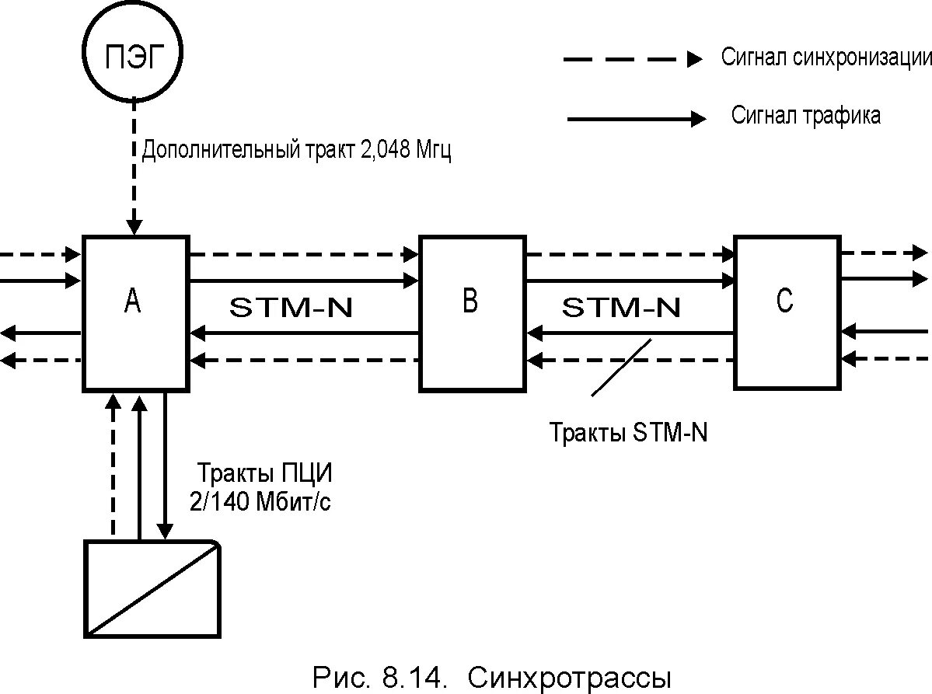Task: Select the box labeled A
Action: click(135, 311)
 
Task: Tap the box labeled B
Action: click(471, 312)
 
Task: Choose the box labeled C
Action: click(786, 312)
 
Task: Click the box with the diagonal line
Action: click(152, 588)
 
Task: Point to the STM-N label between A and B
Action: click(291, 308)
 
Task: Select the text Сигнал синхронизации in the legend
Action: click(826, 58)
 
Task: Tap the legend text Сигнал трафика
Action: click(806, 117)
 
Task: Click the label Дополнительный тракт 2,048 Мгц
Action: click(296, 151)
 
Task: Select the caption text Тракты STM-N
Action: click(628, 433)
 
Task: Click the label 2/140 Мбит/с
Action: click(260, 502)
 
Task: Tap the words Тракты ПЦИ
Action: click(269, 473)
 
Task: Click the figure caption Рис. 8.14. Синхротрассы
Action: click(490, 677)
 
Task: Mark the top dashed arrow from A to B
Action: click(304, 253)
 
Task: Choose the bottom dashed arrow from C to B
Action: click(630, 361)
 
